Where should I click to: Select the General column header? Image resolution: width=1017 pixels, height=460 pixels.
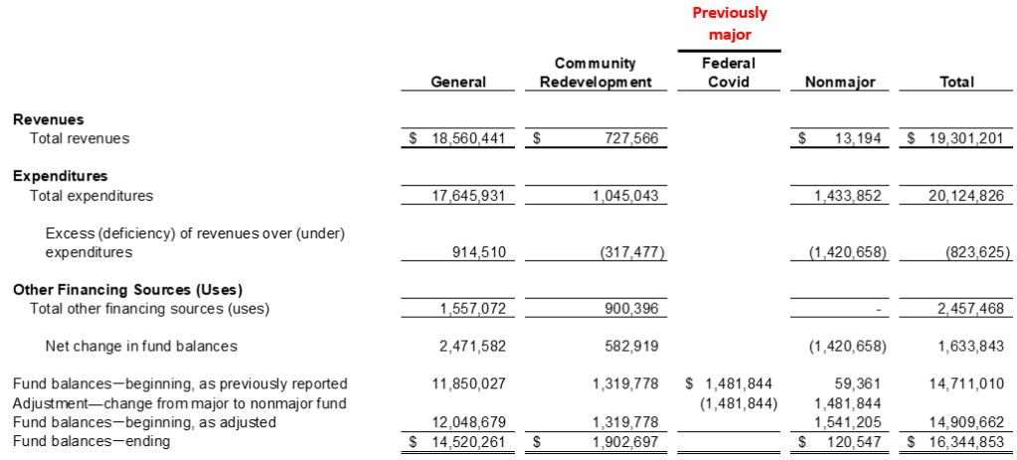pos(458,82)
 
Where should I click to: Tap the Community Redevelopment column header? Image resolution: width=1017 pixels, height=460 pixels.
pos(594,73)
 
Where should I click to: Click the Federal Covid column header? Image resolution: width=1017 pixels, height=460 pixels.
pos(729,73)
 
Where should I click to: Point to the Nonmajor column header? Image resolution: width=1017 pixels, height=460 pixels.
pos(832,82)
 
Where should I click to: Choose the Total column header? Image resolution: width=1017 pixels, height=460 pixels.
pos(956,82)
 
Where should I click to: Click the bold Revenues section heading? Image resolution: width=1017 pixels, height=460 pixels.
pos(48,119)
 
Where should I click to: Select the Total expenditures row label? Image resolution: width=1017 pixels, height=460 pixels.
pos(91,196)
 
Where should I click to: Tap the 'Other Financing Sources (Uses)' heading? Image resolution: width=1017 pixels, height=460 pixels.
pos(127,290)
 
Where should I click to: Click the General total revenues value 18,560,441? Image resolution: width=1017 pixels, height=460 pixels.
pos(467,139)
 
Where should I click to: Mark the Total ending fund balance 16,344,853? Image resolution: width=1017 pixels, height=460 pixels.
pos(964,441)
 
